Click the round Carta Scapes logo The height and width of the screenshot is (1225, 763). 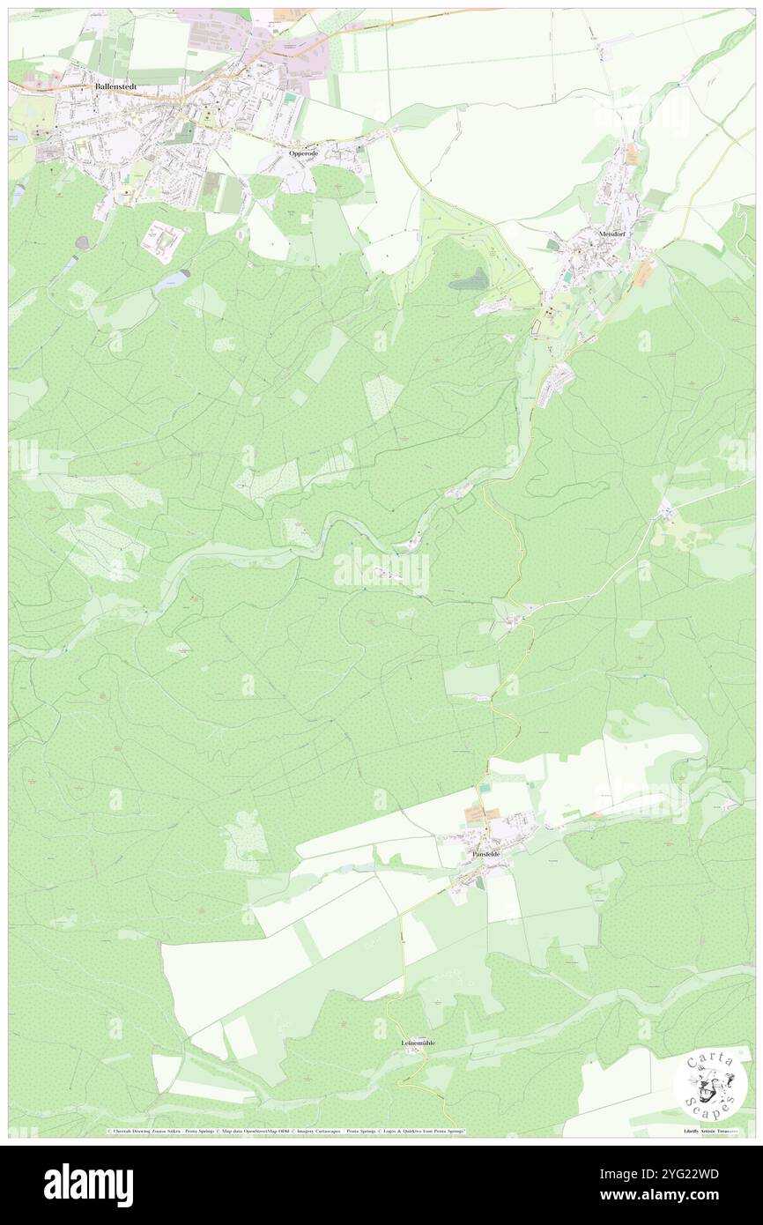pos(710,1086)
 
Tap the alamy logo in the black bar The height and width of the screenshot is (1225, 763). pos(88,1184)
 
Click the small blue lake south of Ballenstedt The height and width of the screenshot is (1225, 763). pos(170,282)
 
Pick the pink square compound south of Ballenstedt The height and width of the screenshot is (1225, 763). pos(163,237)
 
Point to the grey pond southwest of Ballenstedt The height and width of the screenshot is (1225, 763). pos(82,241)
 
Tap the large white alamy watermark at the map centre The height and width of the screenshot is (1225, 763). pos(381,571)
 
